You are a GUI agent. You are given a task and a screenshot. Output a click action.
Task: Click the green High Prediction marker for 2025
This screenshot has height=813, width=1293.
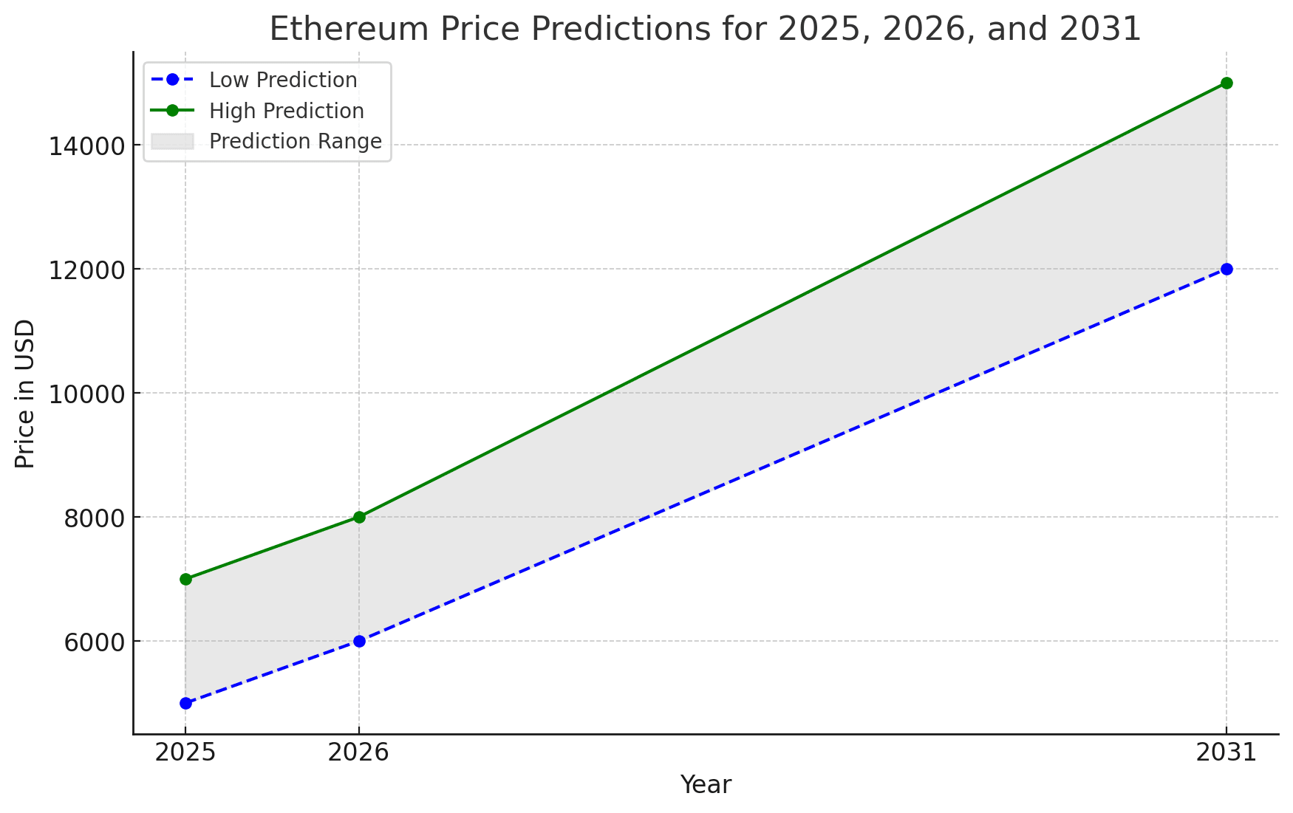185,579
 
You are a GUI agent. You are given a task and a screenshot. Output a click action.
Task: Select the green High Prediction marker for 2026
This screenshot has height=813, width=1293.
359,517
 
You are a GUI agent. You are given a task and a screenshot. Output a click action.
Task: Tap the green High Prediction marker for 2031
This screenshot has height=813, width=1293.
1227,83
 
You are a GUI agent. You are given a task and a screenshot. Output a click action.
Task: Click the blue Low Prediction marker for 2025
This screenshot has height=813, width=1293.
185,703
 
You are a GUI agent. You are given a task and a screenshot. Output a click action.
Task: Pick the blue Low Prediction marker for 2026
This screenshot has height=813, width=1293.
359,641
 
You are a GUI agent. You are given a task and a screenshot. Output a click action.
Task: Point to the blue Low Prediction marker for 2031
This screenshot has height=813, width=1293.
1227,269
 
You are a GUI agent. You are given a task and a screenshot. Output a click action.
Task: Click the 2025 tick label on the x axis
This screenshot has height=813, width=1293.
185,752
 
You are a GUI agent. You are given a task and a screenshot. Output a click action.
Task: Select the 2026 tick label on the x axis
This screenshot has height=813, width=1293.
359,752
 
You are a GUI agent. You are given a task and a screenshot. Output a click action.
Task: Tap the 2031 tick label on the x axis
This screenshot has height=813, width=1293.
1227,752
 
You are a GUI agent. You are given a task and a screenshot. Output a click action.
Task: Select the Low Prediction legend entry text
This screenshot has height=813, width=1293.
283,80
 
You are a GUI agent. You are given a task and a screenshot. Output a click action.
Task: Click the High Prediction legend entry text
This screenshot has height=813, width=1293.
287,111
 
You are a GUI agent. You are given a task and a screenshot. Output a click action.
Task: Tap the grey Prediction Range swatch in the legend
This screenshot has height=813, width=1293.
171,141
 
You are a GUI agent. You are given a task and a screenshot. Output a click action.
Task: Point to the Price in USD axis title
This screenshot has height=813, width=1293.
25,394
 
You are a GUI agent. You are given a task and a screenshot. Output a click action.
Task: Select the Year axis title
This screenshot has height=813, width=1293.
706,785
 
